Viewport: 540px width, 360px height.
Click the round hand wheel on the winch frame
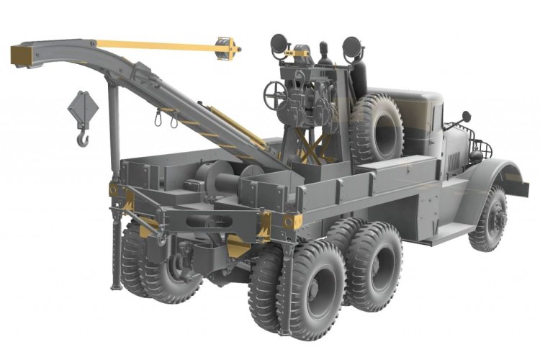(276, 92)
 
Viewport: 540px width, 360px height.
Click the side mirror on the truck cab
(466, 116)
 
